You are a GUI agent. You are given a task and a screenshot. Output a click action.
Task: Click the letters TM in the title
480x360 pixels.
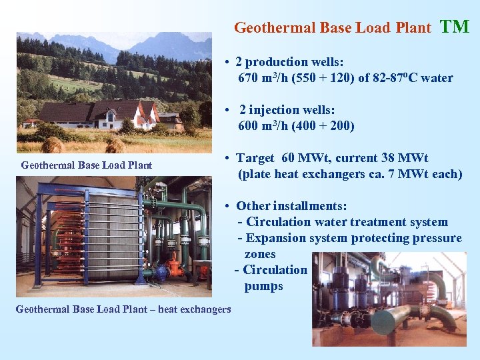click(x=455, y=27)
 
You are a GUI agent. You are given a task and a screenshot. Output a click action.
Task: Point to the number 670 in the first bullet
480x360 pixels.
click(x=249, y=78)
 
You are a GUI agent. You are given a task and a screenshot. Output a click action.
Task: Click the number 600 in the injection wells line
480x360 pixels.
click(x=249, y=126)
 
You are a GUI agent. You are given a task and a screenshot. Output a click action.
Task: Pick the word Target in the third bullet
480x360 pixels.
click(x=255, y=158)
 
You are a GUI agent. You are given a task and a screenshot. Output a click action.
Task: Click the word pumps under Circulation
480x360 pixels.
click(x=263, y=286)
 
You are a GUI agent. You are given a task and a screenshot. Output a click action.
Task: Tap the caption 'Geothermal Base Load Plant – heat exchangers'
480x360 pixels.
click(x=123, y=309)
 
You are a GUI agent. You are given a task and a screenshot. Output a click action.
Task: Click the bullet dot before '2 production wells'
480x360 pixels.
click(x=227, y=63)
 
